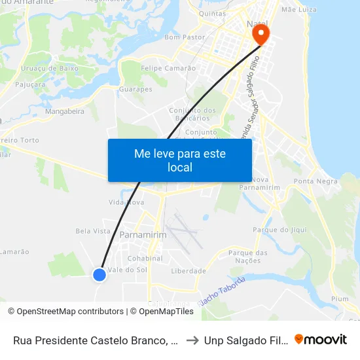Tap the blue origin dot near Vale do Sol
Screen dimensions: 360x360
[x=99, y=275]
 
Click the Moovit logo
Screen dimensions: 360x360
[x=320, y=340]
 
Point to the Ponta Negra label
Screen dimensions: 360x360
[x=313, y=181]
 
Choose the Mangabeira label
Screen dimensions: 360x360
[x=65, y=111]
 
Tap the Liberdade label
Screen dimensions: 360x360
[x=188, y=271]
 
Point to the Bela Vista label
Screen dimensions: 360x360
[x=93, y=231]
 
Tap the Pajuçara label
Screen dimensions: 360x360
[x=33, y=84]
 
